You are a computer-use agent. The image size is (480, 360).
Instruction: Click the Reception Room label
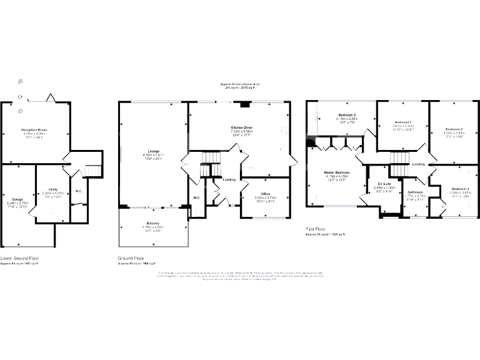pyautogui.click(x=34, y=130)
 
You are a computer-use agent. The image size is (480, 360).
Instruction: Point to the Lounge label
pyautogui.click(x=153, y=151)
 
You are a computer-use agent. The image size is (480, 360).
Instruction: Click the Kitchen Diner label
pyautogui.click(x=241, y=127)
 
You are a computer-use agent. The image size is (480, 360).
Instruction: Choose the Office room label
pyautogui.click(x=263, y=193)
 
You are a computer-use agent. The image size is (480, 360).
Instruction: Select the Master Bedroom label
pyautogui.click(x=336, y=172)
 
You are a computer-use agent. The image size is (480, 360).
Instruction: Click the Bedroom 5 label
pyautogui.click(x=347, y=116)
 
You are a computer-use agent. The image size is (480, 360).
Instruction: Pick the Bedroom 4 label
pyautogui.click(x=461, y=189)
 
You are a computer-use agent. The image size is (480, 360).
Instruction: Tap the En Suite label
pyautogui.click(x=375, y=183)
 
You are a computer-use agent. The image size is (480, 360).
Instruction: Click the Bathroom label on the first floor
pyautogui.click(x=416, y=192)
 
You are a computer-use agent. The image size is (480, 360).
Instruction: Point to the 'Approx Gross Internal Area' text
pyautogui.click(x=241, y=84)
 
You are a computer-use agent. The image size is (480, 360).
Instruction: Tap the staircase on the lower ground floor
pyautogui.click(x=92, y=171)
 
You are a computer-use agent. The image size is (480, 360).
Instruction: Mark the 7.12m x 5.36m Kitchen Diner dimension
pyautogui.click(x=241, y=132)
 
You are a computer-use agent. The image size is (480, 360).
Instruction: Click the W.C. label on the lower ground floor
pyautogui.click(x=79, y=191)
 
